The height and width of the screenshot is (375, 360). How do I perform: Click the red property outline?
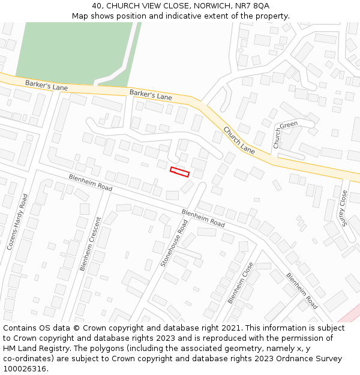point(179,172)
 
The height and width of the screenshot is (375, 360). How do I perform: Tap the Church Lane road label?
point(239,140)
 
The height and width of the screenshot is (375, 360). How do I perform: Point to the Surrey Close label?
point(343,208)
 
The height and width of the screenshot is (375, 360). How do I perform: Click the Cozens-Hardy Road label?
point(18,221)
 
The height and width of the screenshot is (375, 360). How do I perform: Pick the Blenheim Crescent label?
point(91,244)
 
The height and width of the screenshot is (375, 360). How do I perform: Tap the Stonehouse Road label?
point(174,243)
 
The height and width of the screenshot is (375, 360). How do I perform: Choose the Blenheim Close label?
point(240,283)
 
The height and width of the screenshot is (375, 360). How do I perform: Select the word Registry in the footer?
point(46,349)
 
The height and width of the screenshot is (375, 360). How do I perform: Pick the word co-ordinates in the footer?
point(29,359)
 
